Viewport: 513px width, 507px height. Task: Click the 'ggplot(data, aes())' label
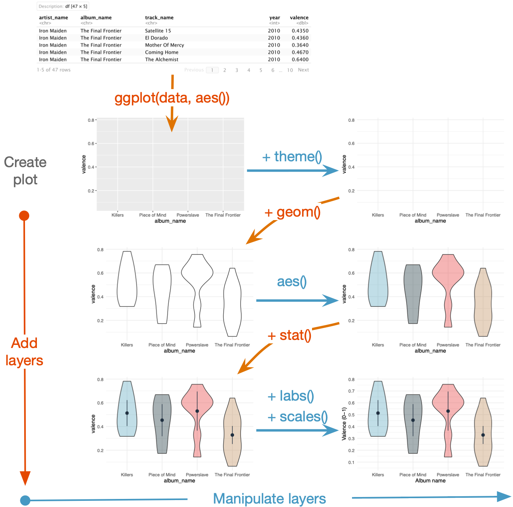[x=172, y=98]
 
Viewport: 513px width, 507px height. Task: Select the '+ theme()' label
[x=292, y=157]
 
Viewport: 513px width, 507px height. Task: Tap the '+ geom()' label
[x=293, y=212]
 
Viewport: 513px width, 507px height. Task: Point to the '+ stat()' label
[x=290, y=335]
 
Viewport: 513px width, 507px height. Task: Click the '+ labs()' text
[x=291, y=396]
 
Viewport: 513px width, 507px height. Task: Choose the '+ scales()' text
[x=298, y=417]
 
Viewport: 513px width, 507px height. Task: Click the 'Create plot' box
[x=25, y=171]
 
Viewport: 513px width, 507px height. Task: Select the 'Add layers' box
[x=24, y=352]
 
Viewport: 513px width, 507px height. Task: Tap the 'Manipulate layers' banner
[x=269, y=499]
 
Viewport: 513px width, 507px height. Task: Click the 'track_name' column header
[x=159, y=18]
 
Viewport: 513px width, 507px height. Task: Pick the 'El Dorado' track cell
[x=156, y=38]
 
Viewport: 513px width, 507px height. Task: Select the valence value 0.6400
[x=300, y=60]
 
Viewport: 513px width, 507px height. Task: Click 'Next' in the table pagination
[x=303, y=70]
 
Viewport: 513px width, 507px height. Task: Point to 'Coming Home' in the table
[x=162, y=52]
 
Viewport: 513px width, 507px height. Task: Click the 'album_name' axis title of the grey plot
[x=170, y=221]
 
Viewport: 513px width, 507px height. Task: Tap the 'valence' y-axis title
[x=84, y=164]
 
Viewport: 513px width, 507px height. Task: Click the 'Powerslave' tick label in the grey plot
[x=188, y=215]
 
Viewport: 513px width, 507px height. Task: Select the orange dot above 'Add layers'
[x=24, y=216]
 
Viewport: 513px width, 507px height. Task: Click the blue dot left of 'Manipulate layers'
[x=25, y=500]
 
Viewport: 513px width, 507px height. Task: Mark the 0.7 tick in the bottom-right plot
[x=351, y=391]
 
